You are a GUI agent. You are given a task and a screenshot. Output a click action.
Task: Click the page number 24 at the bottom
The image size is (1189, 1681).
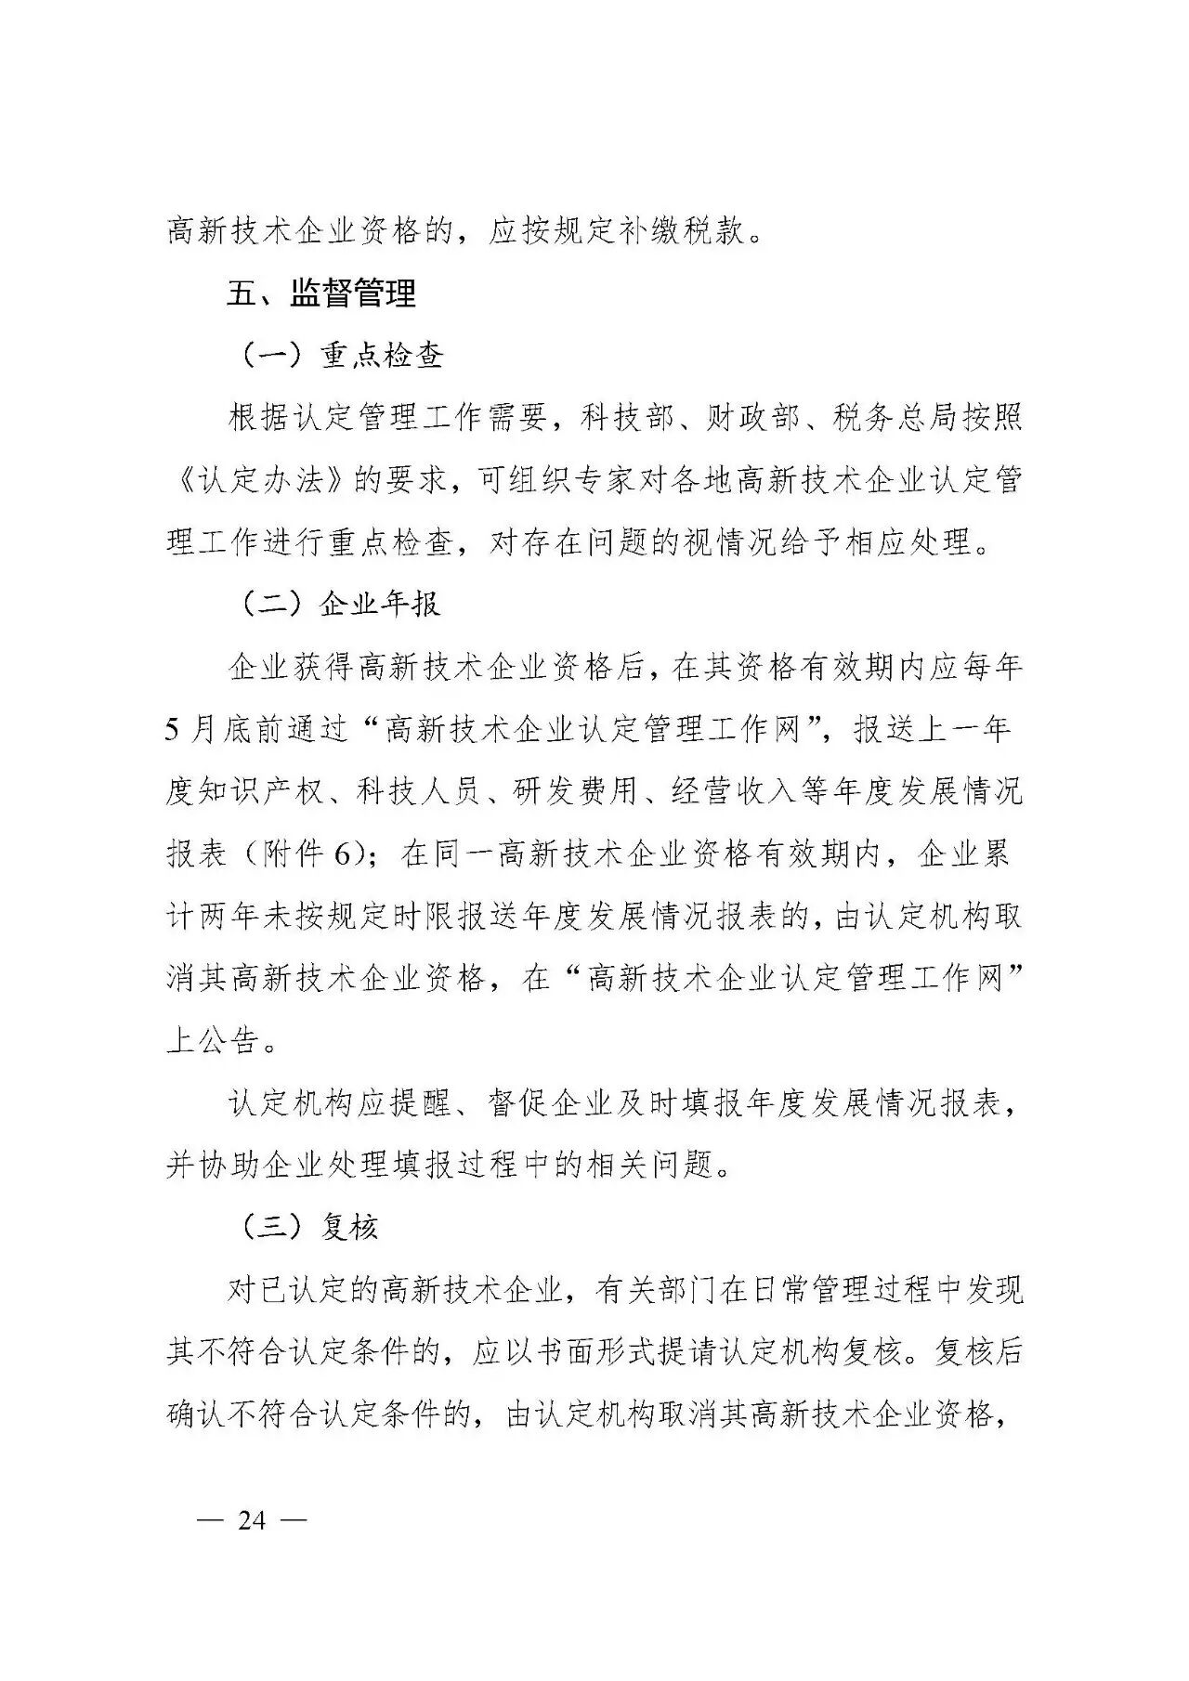(252, 1520)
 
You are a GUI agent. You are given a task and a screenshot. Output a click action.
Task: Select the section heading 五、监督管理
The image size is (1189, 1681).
(321, 293)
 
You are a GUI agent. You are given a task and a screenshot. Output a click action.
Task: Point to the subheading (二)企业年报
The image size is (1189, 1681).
(340, 604)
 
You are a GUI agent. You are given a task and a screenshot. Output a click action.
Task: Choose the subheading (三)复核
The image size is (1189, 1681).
(310, 1227)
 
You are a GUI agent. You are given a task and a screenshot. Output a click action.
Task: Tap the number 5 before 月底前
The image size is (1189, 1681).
(173, 730)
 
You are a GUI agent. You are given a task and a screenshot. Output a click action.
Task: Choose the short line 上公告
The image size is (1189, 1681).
(212, 1041)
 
